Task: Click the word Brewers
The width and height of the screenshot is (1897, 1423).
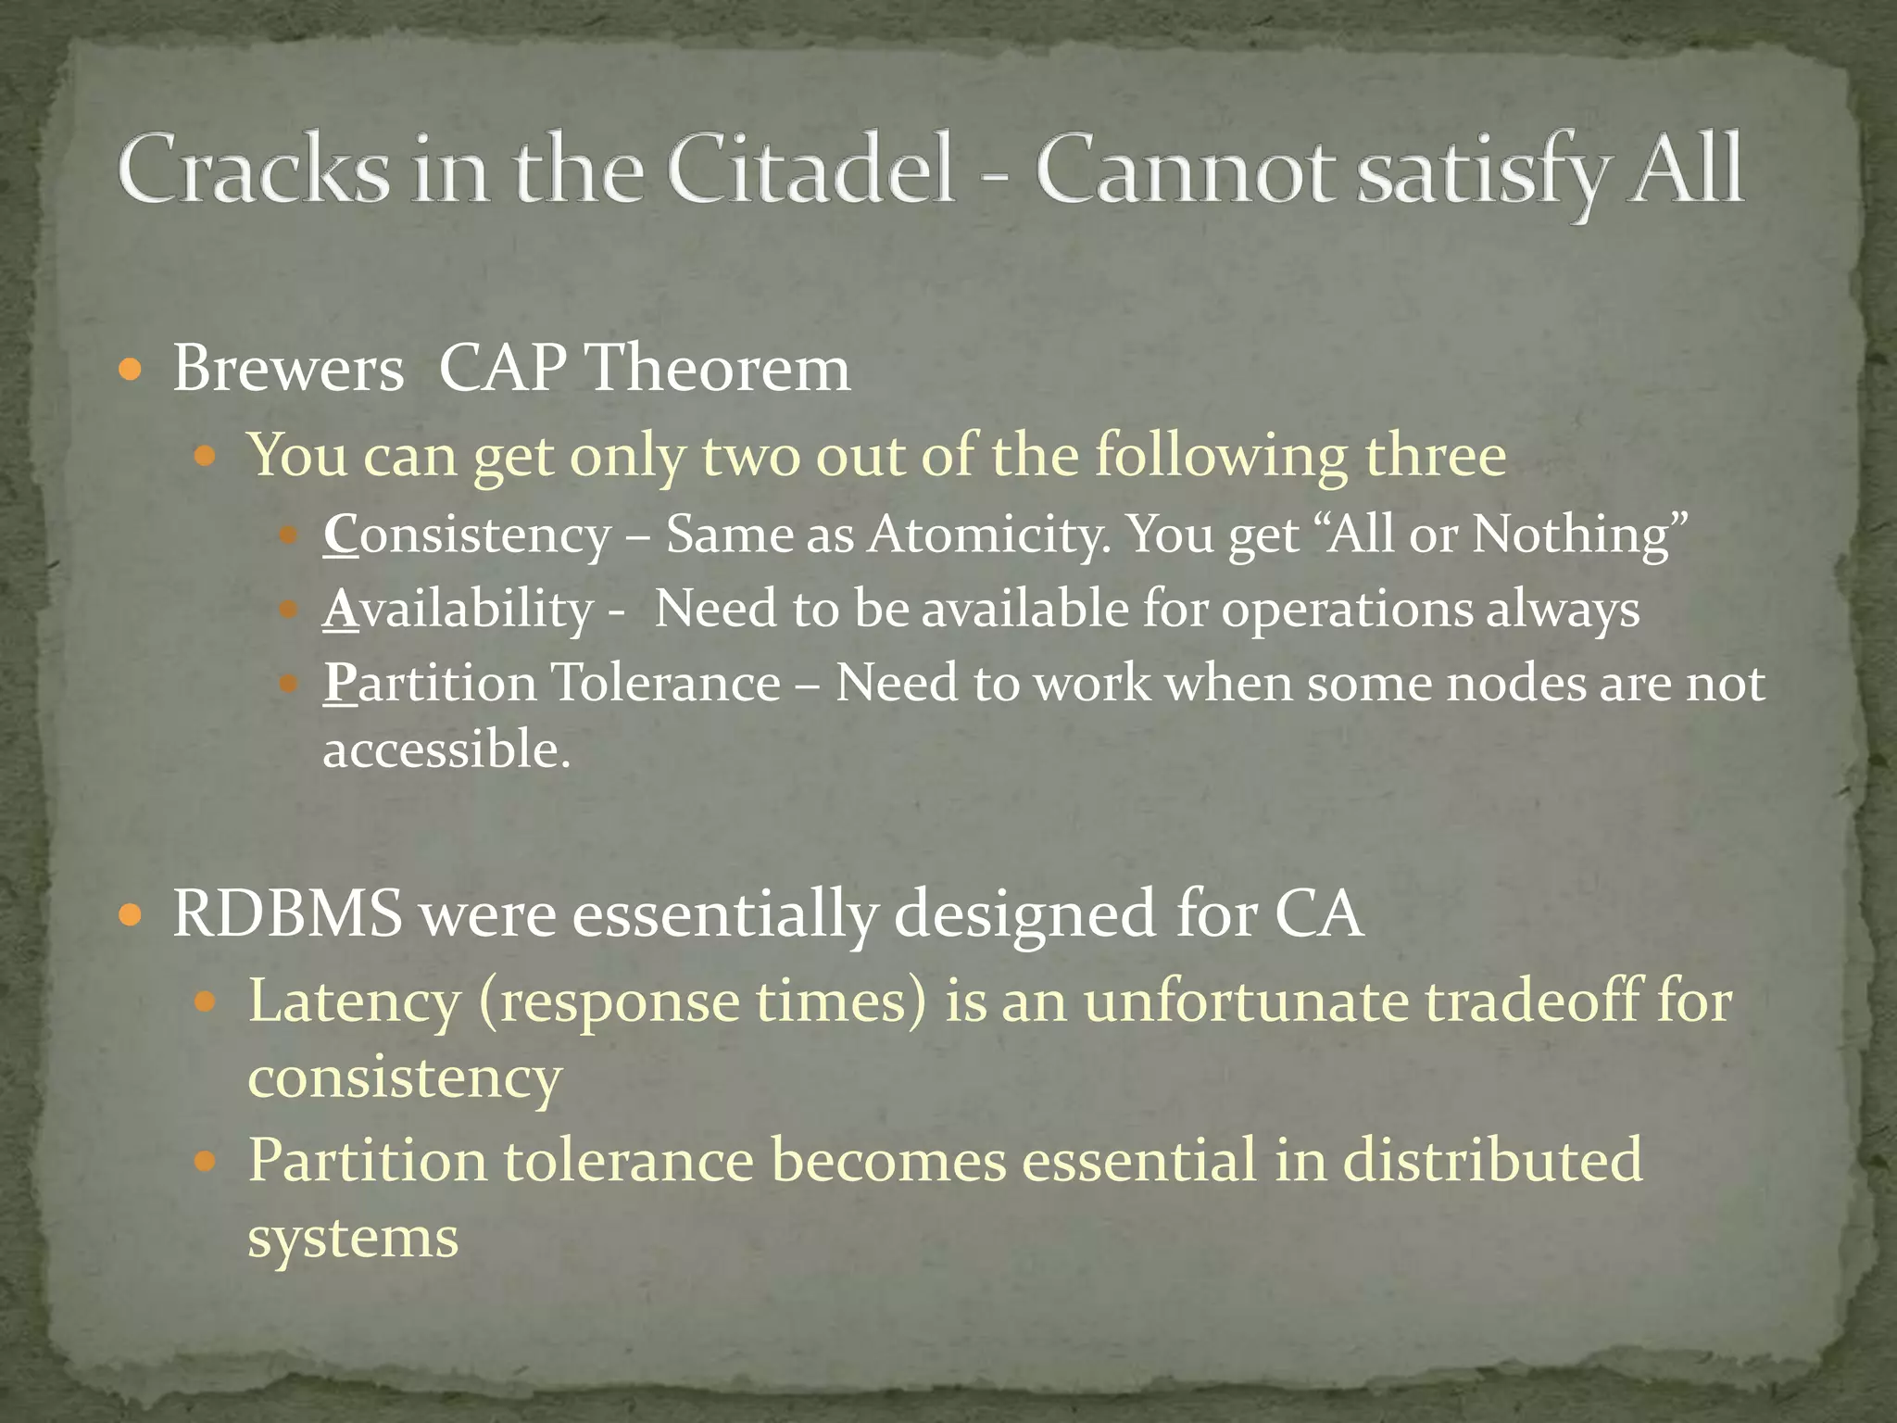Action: pos(288,369)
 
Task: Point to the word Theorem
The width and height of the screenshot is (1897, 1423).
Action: pos(719,369)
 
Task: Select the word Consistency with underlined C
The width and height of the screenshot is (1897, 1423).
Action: pos(467,535)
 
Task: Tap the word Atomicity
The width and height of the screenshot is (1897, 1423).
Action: pos(987,535)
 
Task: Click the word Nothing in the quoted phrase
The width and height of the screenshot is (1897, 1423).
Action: pos(1579,535)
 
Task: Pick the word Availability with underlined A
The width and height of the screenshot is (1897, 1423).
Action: pos(458,610)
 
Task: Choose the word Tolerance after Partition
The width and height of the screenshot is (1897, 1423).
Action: pos(666,684)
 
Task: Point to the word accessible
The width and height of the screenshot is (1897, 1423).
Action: pos(446,749)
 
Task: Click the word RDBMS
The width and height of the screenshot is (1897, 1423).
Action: pos(287,913)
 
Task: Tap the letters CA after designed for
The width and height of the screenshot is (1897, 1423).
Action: pos(1318,913)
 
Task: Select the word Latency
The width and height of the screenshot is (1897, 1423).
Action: pos(354,1002)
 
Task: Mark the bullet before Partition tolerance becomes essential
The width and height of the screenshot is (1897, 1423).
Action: pos(206,1160)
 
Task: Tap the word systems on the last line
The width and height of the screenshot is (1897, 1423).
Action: pos(353,1238)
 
